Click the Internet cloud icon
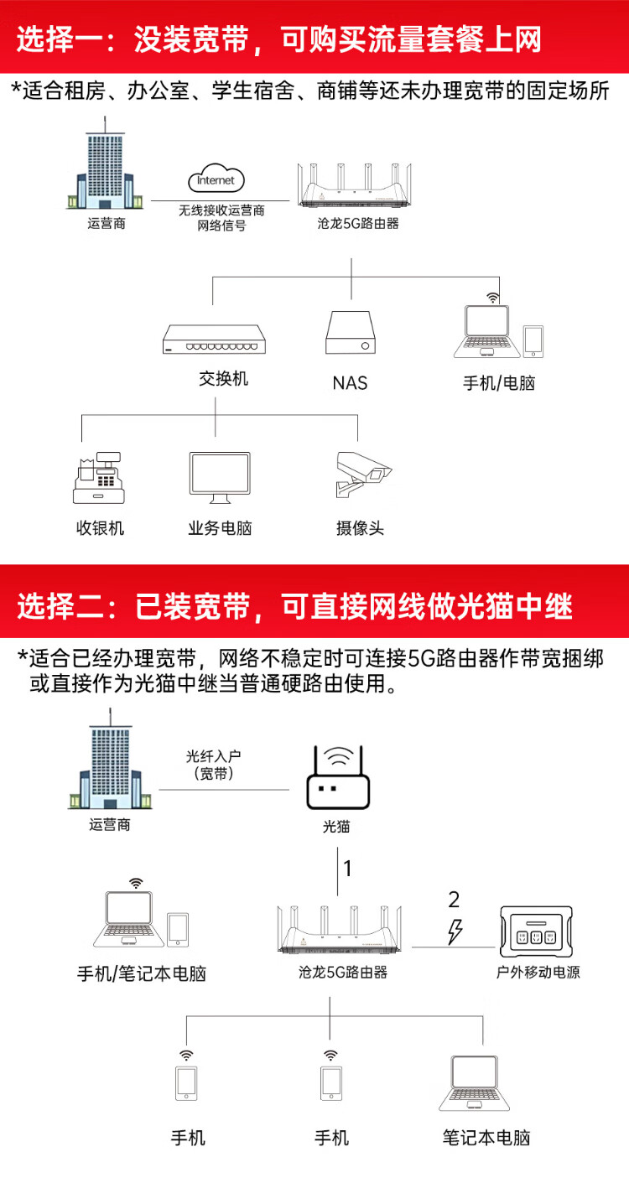pyautogui.click(x=216, y=179)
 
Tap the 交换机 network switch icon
pyautogui.click(x=214, y=340)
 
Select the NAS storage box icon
pyautogui.click(x=351, y=332)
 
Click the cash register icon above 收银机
pyautogui.click(x=99, y=478)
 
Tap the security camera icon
pyautogui.click(x=363, y=474)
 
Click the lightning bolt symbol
pyautogui.click(x=455, y=932)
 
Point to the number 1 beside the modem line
pyautogui.click(x=347, y=869)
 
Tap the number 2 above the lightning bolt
pyautogui.click(x=454, y=900)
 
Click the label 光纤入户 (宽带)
pyautogui.click(x=214, y=765)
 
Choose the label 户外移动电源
pyautogui.click(x=538, y=972)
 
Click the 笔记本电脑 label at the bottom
pyautogui.click(x=486, y=1138)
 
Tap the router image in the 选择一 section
pyautogui.click(x=355, y=185)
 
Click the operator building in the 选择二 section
pyautogui.click(x=110, y=759)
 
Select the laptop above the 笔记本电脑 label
pyautogui.click(x=475, y=1082)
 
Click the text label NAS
pyautogui.click(x=350, y=383)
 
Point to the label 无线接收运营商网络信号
pyautogui.click(x=221, y=218)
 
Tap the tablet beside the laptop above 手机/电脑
pyautogui.click(x=533, y=341)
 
